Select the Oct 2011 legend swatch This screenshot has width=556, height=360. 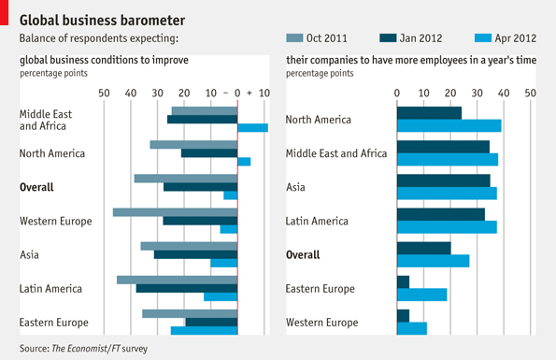pyautogui.click(x=295, y=38)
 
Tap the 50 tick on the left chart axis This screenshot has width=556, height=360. pyautogui.click(x=104, y=93)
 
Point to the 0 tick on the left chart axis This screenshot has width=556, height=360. pyautogui.click(x=237, y=93)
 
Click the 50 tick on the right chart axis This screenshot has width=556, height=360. pyautogui.click(x=531, y=93)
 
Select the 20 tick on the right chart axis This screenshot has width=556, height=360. pyautogui.click(x=450, y=93)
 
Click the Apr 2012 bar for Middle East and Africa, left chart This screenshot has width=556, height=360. pyautogui.click(x=252, y=128)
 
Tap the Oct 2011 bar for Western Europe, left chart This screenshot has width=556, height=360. pyautogui.click(x=175, y=212)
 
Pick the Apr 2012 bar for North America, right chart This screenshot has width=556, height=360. pyautogui.click(x=449, y=125)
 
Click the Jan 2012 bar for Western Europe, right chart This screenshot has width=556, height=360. pyautogui.click(x=403, y=316)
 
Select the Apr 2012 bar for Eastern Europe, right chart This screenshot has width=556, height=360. pyautogui.click(x=422, y=295)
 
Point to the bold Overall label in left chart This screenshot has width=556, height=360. pyautogui.click(x=36, y=187)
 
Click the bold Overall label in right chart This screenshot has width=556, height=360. pyautogui.click(x=303, y=255)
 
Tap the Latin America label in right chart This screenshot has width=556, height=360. pyautogui.click(x=317, y=222)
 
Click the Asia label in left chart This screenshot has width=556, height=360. pyautogui.click(x=30, y=254)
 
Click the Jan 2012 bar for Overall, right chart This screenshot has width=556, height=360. pyautogui.click(x=424, y=249)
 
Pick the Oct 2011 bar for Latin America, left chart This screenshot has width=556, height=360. pyautogui.click(x=177, y=280)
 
